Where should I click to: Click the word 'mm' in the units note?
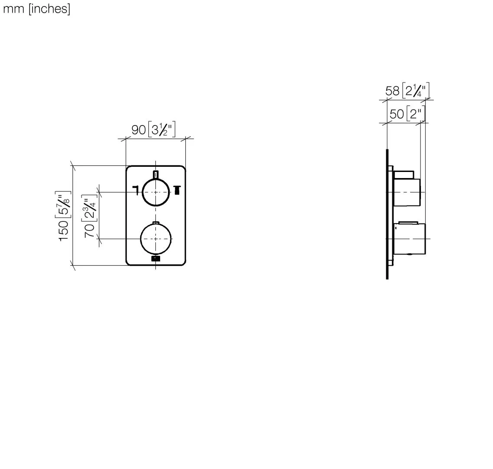click(13, 9)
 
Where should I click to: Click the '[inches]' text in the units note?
click(49, 9)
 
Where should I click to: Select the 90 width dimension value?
click(138, 129)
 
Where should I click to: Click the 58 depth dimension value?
click(392, 91)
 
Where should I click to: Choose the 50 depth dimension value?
click(397, 114)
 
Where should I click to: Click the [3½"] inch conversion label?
click(161, 129)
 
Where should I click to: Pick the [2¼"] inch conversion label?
click(415, 91)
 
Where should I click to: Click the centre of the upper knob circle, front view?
click(156, 192)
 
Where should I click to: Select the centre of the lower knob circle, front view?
click(156, 239)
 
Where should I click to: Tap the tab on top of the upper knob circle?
click(156, 175)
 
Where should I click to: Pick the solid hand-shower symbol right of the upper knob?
click(176, 190)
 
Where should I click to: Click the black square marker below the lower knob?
click(156, 259)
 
